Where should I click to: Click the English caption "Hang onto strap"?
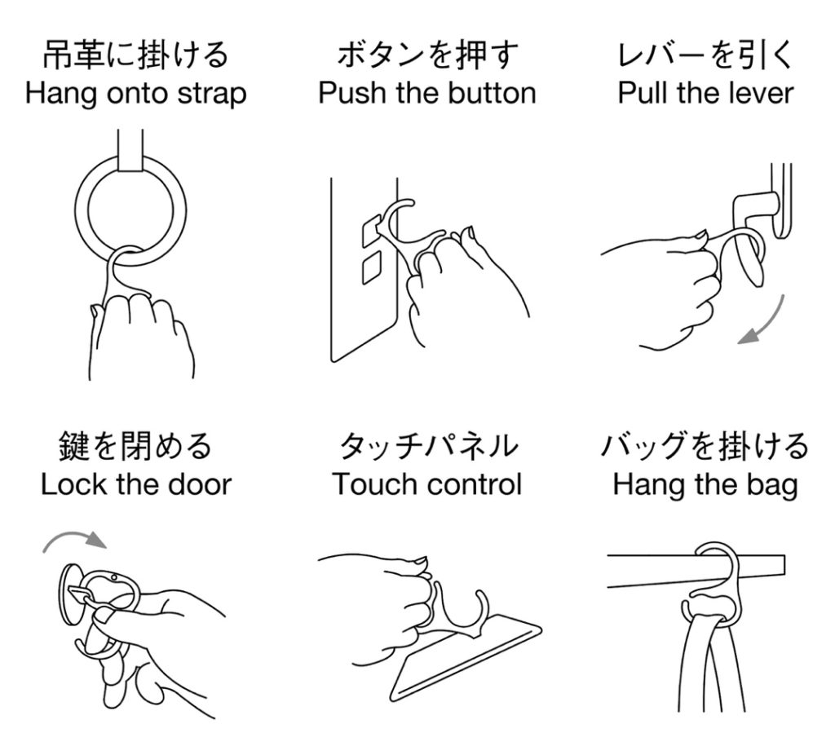coord(136,94)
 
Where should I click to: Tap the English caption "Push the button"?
coord(427,93)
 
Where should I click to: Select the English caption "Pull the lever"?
coord(705,93)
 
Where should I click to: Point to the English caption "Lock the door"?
coord(136,484)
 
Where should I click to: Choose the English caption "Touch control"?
coord(427,484)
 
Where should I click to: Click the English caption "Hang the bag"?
coord(705,486)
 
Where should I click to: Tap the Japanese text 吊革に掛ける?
coord(135,55)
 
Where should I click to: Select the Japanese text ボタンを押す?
coord(427,55)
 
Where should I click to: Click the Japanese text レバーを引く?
coord(705,55)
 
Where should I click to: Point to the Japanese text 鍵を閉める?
coord(135,446)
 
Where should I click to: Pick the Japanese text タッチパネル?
coord(427,446)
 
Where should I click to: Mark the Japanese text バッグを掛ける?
coord(705,446)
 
